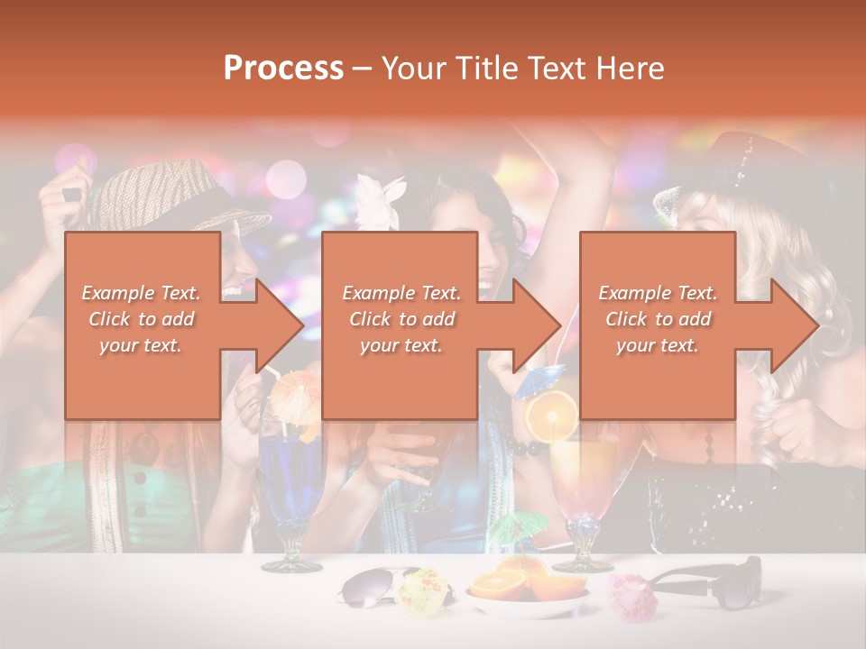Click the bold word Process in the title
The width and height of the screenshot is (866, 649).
(283, 69)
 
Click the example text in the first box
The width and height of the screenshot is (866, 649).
(142, 319)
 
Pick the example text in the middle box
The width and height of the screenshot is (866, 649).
(401, 319)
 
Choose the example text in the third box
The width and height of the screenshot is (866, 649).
(658, 319)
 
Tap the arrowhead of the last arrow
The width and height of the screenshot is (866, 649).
(795, 325)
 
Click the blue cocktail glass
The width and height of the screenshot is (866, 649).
(290, 487)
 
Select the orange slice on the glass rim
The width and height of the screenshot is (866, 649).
(551, 416)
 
